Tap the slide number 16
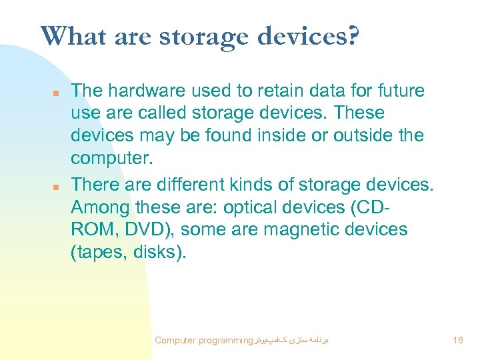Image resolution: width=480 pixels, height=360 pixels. [457, 340]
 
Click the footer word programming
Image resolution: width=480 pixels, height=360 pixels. [221, 340]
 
